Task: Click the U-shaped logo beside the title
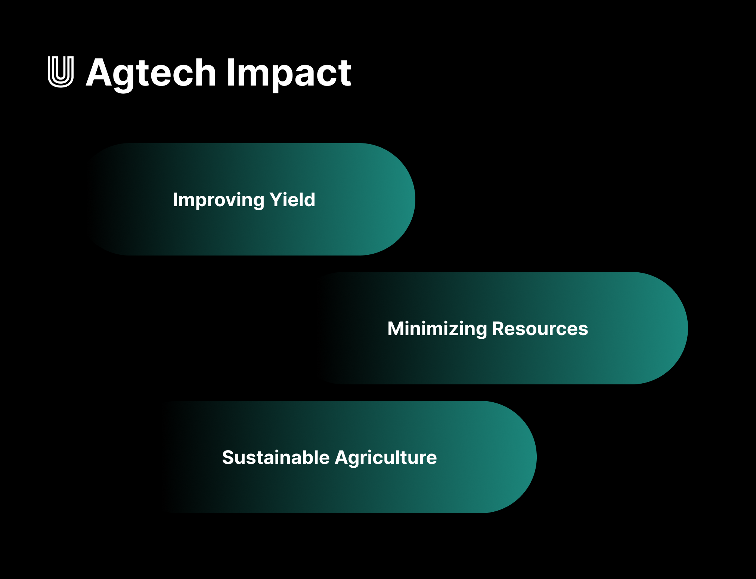point(61,72)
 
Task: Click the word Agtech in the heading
point(151,73)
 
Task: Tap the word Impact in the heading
point(288,73)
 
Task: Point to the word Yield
point(292,199)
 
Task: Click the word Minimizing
point(437,329)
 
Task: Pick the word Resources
point(540,329)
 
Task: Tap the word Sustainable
point(276,458)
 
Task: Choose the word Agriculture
point(386,458)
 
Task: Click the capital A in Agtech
point(100,73)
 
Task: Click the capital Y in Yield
point(276,199)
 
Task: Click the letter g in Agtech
point(125,77)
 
